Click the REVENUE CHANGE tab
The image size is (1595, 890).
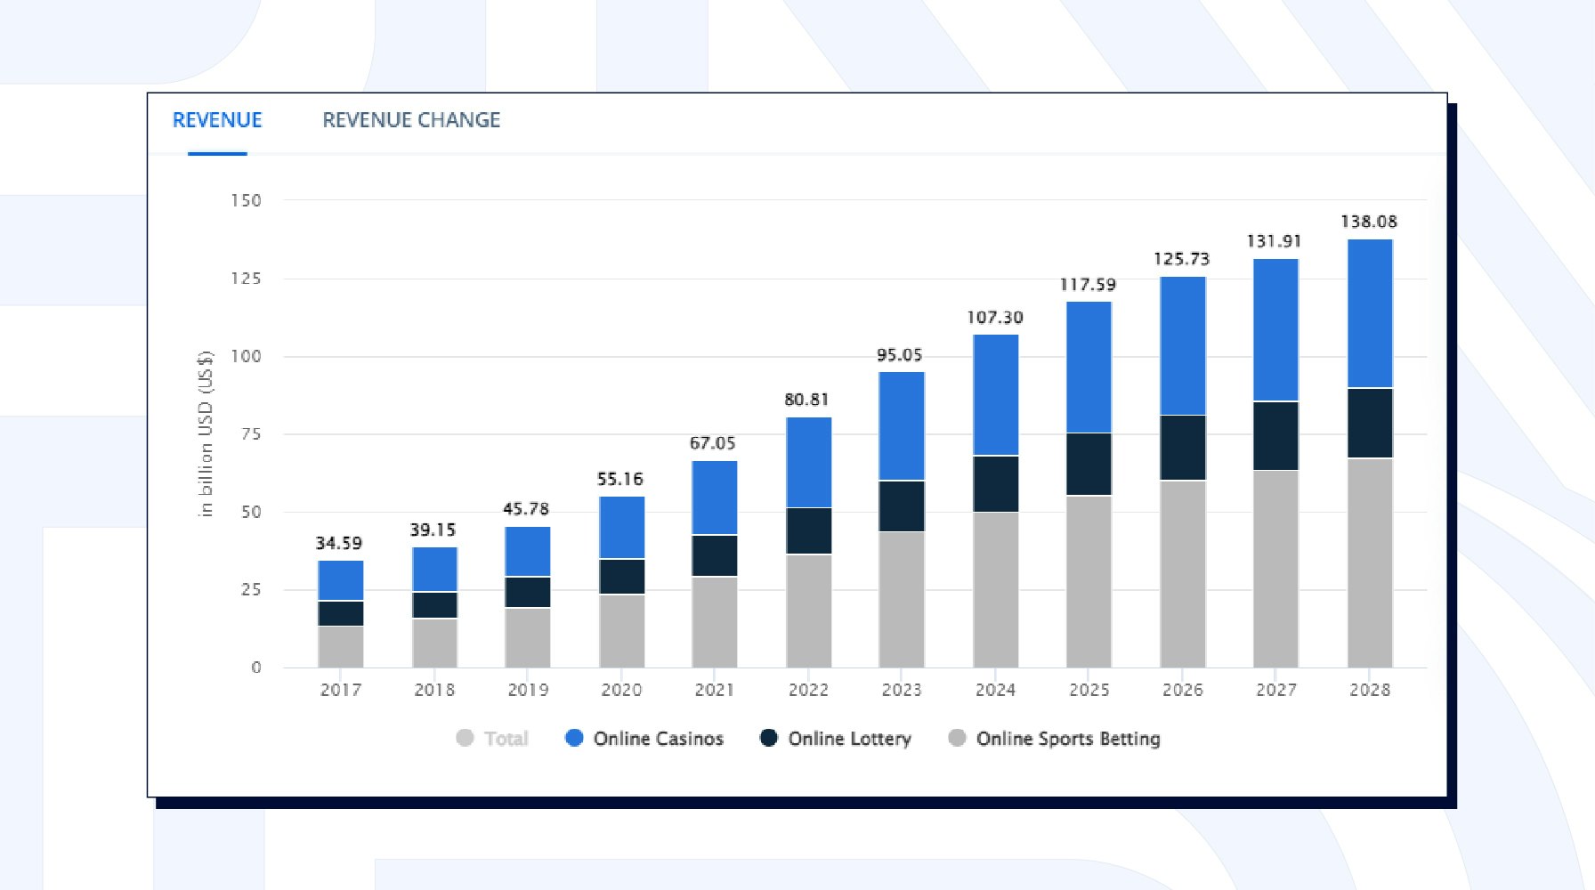411,120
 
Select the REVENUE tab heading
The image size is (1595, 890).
217,120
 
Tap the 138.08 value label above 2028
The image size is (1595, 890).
1369,222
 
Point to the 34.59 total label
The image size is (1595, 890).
339,543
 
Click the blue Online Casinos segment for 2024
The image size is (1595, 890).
996,395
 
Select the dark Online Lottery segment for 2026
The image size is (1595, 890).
1183,448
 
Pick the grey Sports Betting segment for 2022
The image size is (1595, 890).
809,611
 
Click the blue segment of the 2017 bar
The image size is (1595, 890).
341,580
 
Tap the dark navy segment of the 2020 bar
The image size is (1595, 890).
621,577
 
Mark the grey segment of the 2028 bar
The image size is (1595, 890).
1370,562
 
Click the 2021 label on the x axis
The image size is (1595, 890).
715,690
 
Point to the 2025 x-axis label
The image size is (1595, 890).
1089,690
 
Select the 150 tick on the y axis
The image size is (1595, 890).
247,200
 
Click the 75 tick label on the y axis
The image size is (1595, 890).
251,434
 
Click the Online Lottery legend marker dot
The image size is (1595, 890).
769,738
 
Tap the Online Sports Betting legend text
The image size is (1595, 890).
1068,739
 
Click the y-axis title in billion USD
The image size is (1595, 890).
206,433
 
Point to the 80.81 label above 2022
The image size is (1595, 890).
807,400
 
